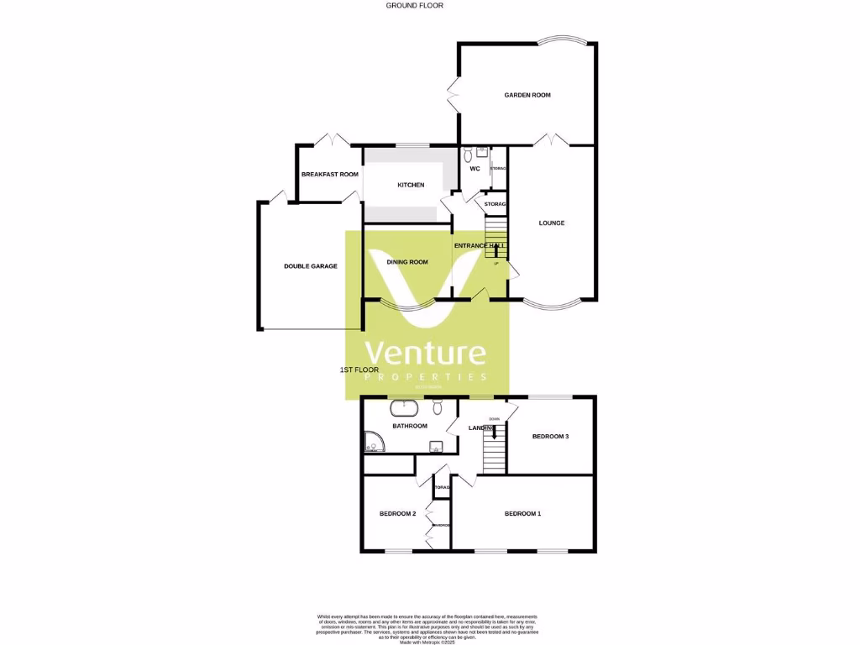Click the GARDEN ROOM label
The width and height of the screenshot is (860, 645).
click(527, 95)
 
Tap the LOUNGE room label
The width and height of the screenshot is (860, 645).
click(552, 223)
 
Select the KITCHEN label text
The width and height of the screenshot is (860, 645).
click(411, 185)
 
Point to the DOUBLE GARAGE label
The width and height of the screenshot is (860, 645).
click(310, 266)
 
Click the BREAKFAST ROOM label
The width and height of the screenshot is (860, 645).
click(329, 174)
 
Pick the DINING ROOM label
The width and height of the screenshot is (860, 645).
click(407, 262)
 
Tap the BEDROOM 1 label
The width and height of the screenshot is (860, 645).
click(522, 513)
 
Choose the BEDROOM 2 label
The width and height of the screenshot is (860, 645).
click(397, 513)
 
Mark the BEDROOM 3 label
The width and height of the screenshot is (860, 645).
click(551, 436)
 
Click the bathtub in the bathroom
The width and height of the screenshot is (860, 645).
click(404, 409)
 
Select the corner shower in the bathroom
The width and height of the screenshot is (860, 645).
click(373, 442)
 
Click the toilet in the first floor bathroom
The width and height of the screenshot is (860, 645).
click(438, 407)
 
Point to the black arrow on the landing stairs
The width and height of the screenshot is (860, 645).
click(495, 432)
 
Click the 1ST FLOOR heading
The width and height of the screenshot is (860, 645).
click(359, 370)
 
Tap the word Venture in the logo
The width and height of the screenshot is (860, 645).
click(424, 353)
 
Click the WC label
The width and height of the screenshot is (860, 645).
click(475, 169)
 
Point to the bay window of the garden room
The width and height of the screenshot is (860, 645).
click(558, 41)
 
